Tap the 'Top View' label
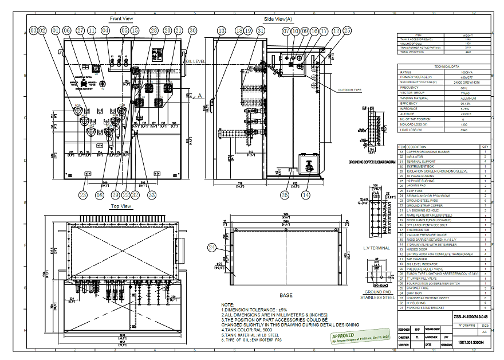121,206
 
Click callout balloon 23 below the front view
84,195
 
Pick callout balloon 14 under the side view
321,195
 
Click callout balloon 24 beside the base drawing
212,248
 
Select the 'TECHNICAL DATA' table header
444,66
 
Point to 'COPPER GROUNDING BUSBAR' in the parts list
428,151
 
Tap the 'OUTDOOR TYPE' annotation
350,90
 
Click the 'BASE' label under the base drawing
286,295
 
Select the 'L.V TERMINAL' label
376,248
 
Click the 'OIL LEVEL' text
195,61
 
